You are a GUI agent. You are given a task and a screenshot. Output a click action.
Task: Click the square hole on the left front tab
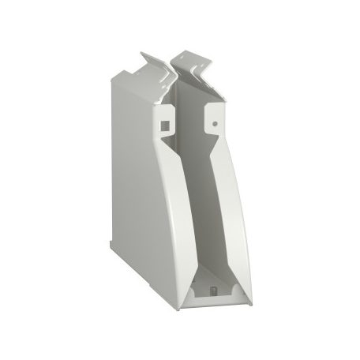(164, 124)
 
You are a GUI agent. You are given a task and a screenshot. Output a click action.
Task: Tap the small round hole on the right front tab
(214, 122)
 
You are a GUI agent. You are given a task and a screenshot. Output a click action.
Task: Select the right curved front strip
(237, 213)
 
